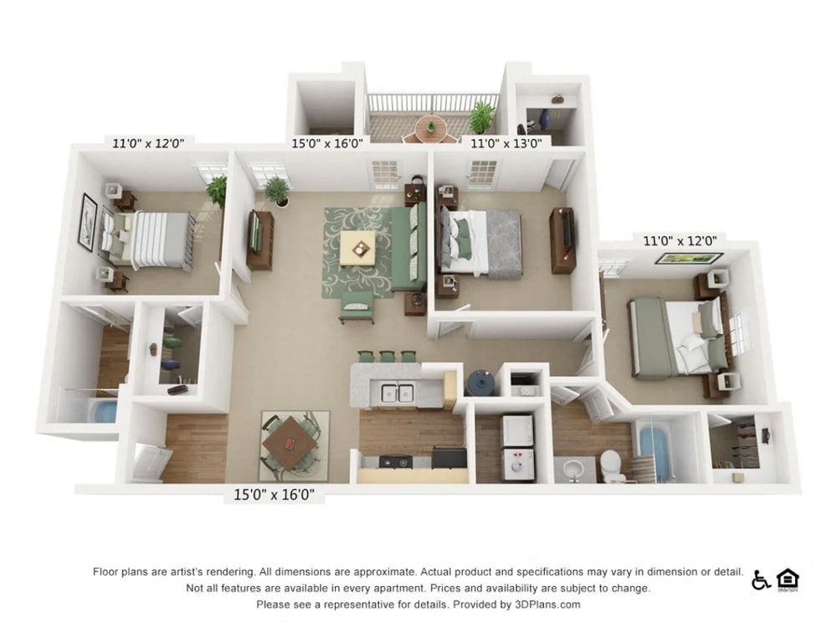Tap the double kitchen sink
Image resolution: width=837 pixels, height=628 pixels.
397,392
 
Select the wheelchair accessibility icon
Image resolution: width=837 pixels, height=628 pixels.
760,579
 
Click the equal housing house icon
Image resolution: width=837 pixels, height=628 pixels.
787,579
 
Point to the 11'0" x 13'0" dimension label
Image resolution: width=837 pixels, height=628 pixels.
506,142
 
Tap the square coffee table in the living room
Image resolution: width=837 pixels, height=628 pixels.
362,248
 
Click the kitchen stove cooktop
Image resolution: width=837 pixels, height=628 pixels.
395,461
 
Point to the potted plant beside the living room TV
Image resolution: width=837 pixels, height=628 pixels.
277,191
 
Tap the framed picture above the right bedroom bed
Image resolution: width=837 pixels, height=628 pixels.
678,259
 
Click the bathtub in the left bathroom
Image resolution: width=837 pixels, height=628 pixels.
105,412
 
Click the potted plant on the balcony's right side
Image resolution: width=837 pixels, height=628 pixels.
481,116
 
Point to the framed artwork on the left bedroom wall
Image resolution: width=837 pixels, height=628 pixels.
87,222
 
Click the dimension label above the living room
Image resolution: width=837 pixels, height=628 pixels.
326,142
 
